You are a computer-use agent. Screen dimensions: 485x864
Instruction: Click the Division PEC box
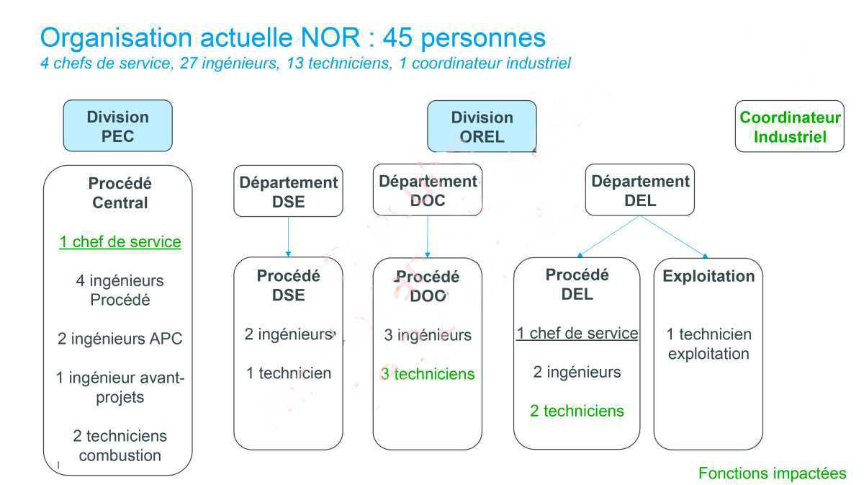tap(117, 126)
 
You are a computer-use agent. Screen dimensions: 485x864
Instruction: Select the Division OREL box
tap(482, 127)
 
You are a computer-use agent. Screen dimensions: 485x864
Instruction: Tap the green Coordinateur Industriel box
tap(790, 127)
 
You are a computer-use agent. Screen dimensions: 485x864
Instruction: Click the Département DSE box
tap(288, 192)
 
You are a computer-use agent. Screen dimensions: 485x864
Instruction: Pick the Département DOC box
tap(428, 190)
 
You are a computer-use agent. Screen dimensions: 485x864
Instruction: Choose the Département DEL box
tap(639, 191)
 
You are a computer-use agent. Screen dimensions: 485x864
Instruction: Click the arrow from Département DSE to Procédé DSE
tap(288, 236)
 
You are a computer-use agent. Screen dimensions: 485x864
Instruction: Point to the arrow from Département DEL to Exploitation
tap(673, 236)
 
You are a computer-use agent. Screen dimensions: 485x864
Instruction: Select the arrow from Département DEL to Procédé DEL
tap(608, 236)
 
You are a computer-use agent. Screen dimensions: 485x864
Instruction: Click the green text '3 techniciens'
tap(428, 374)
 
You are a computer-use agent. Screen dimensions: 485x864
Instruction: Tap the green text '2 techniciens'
tap(577, 411)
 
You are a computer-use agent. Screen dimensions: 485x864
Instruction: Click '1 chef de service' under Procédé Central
tap(120, 242)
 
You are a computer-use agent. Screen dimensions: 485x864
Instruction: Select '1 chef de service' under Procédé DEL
tap(577, 334)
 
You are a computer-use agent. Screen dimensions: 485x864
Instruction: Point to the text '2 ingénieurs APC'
tap(120, 339)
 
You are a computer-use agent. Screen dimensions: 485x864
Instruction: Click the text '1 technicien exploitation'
tap(708, 344)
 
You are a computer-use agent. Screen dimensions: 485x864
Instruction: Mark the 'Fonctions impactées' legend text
tap(772, 473)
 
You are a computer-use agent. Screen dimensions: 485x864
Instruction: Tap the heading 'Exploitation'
tap(708, 277)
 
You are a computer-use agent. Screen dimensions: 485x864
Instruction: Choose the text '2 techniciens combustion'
tap(120, 445)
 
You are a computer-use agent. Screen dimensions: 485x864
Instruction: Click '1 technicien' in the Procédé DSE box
tap(289, 373)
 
